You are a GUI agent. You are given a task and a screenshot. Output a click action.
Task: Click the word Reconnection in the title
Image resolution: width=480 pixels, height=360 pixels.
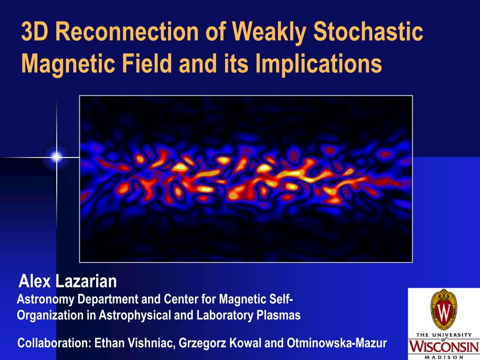click(x=127, y=31)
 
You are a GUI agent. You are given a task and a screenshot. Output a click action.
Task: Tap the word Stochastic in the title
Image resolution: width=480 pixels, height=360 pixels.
click(x=368, y=31)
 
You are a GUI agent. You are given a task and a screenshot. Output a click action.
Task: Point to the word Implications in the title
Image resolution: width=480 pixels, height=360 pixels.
click(x=318, y=64)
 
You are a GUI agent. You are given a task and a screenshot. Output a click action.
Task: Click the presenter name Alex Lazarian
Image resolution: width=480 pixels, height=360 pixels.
click(x=67, y=281)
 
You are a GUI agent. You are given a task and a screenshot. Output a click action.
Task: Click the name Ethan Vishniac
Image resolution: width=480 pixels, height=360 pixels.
click(x=135, y=343)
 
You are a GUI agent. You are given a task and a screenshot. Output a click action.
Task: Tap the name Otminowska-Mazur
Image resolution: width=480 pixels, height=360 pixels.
click(x=337, y=343)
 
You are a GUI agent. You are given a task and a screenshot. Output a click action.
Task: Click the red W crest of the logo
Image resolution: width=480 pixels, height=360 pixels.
click(x=443, y=310)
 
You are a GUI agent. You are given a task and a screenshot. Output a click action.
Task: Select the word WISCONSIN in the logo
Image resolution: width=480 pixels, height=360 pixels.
click(x=444, y=346)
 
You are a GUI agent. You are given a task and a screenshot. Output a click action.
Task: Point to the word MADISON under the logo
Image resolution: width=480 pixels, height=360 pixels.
click(x=444, y=357)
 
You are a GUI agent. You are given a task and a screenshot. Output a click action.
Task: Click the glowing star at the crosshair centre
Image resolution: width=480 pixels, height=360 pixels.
click(x=57, y=157)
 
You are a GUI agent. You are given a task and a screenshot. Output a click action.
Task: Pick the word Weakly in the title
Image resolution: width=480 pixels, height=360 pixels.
click(x=269, y=31)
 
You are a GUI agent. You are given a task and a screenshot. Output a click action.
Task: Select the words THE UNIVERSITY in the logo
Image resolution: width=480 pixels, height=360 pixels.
click(x=444, y=335)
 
